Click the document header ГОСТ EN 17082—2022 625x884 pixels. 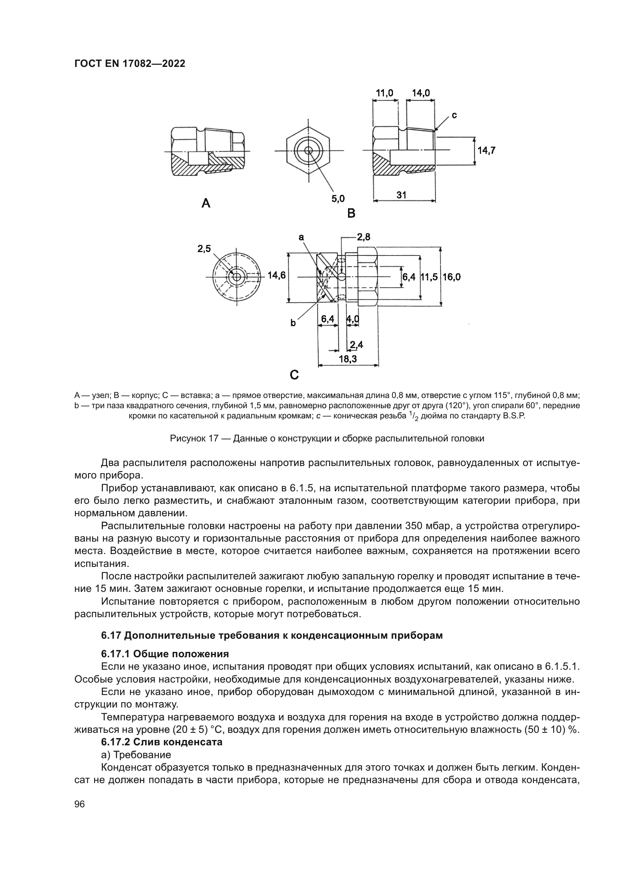[129, 63]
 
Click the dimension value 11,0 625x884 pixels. [384, 93]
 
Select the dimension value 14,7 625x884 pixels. [486, 150]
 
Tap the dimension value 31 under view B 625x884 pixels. [401, 195]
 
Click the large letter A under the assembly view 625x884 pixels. [206, 203]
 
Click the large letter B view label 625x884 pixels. [351, 213]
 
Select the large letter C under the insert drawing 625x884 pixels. [294, 375]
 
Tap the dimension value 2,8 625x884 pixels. [363, 237]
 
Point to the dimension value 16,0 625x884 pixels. [452, 276]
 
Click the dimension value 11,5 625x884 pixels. [429, 276]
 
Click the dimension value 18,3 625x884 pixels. [348, 359]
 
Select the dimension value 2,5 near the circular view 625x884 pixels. [204, 249]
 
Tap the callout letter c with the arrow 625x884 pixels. [454, 115]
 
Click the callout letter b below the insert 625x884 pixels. [293, 324]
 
